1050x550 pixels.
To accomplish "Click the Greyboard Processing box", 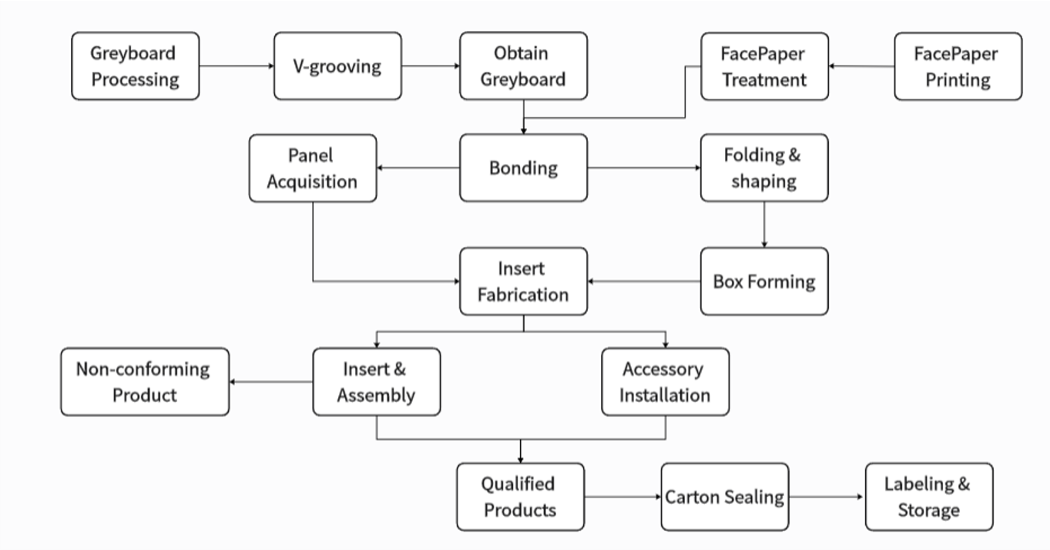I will click(x=136, y=66).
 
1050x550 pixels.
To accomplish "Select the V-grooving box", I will click(x=337, y=66).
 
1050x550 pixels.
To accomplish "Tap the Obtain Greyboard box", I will click(x=523, y=66).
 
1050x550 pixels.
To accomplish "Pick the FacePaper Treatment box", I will click(x=764, y=66).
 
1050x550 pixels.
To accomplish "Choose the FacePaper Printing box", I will click(x=958, y=66).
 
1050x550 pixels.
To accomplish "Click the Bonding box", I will click(x=523, y=168).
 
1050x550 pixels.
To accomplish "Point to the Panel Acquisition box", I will click(x=313, y=168).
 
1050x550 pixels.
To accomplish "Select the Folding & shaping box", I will click(x=763, y=168).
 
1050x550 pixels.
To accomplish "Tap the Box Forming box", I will click(x=763, y=282).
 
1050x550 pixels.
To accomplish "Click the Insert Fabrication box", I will click(x=523, y=282).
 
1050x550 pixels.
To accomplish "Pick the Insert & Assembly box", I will click(x=376, y=382).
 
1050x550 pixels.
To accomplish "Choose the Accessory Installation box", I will click(x=665, y=382).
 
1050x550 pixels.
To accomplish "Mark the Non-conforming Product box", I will click(x=145, y=382).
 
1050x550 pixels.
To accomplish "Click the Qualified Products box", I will click(x=520, y=497).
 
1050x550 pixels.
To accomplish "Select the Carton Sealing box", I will click(x=724, y=497).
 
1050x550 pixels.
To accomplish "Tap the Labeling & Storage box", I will click(x=928, y=497).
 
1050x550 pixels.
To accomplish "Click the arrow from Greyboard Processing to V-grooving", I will click(x=237, y=66).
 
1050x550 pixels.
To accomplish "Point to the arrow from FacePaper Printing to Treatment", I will click(x=861, y=66).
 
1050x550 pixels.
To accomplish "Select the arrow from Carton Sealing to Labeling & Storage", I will click(x=827, y=497).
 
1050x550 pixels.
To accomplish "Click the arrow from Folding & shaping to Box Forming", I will click(x=763, y=224).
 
